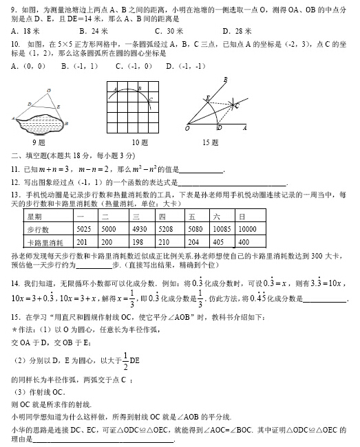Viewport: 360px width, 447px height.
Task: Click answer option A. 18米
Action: (25, 32)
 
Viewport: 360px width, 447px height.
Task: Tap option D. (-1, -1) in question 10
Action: (186, 66)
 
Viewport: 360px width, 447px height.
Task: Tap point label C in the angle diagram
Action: (237, 105)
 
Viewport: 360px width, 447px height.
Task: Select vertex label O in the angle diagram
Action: (187, 128)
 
